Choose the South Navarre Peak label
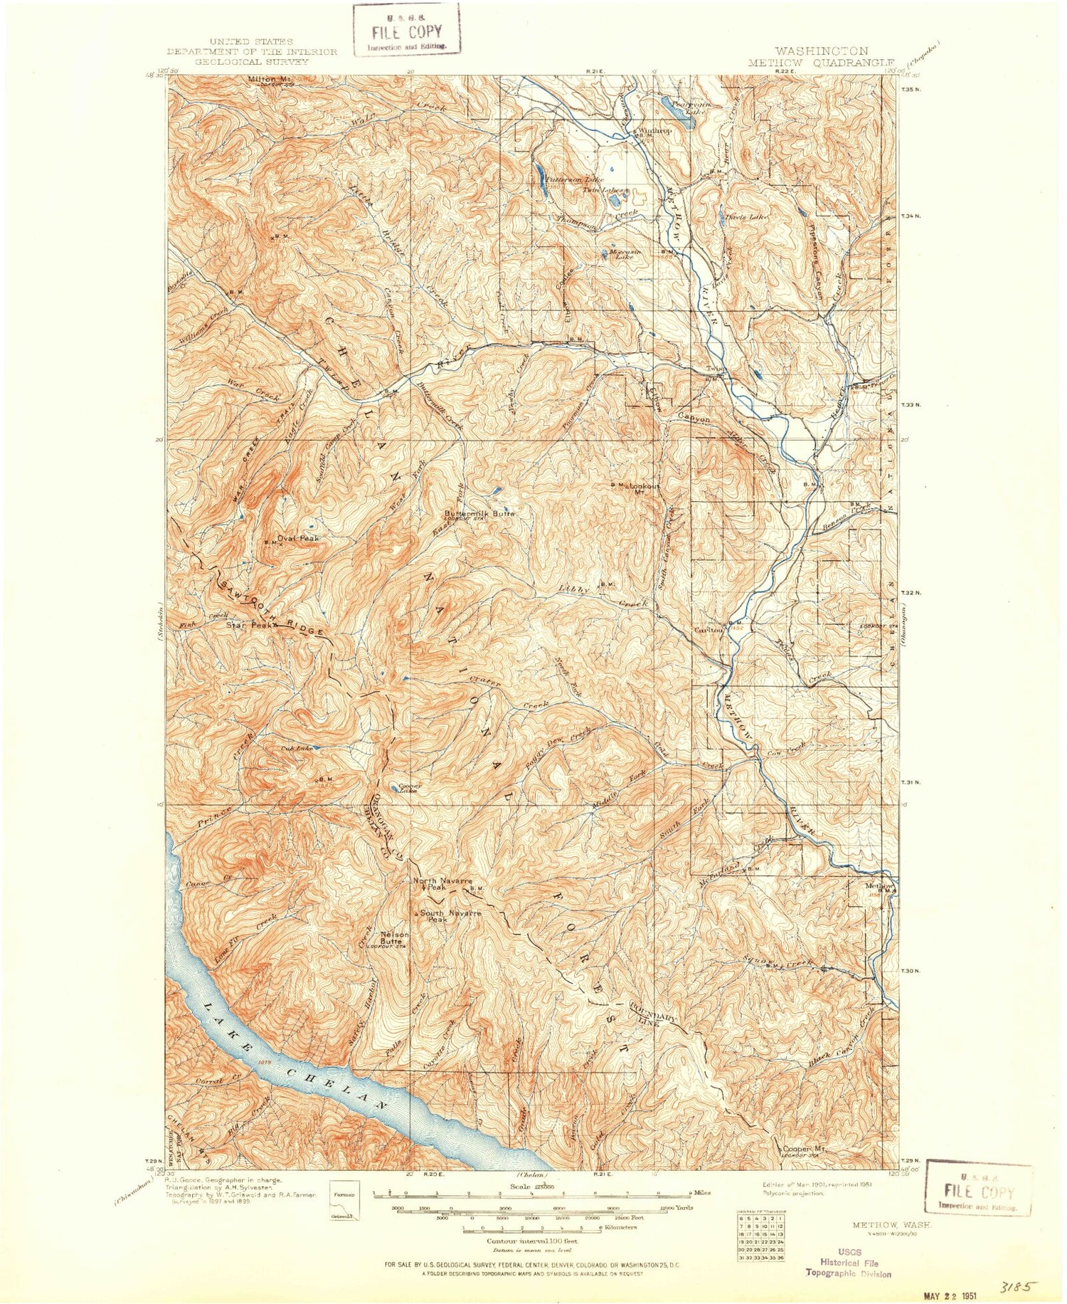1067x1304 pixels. coord(446,916)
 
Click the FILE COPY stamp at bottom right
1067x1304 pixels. coord(978,1192)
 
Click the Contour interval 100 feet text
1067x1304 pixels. coord(531,1241)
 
